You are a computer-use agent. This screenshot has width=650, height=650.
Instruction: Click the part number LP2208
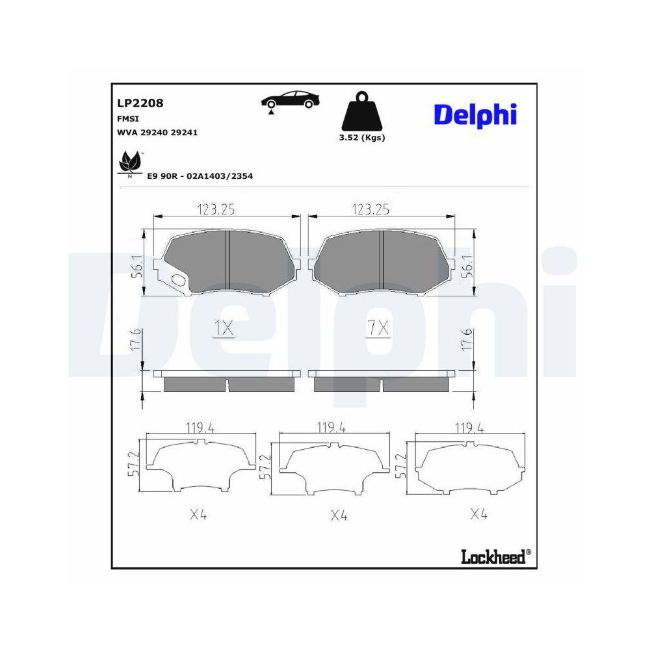click(x=140, y=103)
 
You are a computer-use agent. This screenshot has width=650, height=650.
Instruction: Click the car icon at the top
click(x=290, y=100)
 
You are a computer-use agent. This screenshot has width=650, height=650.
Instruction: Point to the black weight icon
click(x=361, y=114)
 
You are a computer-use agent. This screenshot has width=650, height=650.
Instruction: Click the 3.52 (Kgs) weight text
click(x=361, y=138)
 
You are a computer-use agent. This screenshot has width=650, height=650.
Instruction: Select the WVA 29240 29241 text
click(x=157, y=132)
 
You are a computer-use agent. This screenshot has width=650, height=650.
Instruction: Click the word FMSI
click(x=127, y=118)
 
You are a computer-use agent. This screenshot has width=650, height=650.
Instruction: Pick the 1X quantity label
click(x=224, y=330)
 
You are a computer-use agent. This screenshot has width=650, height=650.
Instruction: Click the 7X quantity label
click(x=377, y=330)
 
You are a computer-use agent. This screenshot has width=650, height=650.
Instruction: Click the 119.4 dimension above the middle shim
click(x=331, y=428)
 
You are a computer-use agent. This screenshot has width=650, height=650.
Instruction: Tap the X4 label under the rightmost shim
click(x=478, y=514)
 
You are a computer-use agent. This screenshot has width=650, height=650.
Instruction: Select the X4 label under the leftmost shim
click(x=198, y=515)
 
